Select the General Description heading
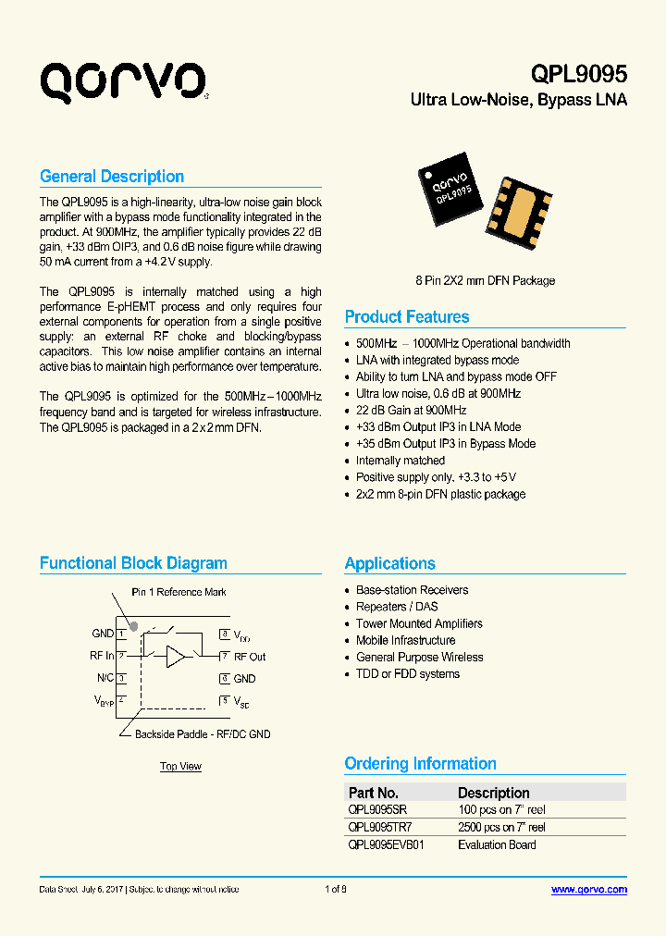tap(112, 177)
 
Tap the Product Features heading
tap(407, 317)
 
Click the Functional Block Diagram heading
tap(133, 563)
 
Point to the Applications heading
tap(389, 563)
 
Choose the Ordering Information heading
tap(420, 764)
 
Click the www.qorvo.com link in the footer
tap(588, 890)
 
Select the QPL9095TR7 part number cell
tap(380, 828)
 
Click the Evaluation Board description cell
tap(497, 844)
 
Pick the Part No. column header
tap(374, 793)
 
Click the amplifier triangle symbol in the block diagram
tap(176, 657)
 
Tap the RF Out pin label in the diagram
tap(250, 657)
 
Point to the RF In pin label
tap(103, 656)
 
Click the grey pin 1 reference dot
tap(134, 625)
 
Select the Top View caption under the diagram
tap(180, 766)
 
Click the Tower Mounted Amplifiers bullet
tap(419, 623)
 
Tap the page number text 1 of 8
tap(336, 890)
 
